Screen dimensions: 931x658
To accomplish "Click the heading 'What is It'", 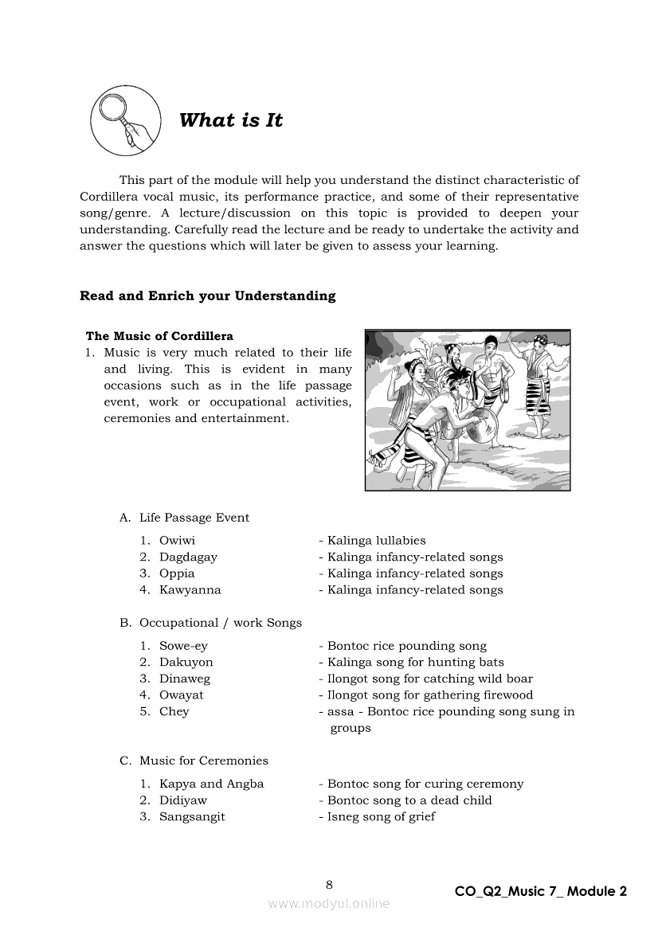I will (x=231, y=121).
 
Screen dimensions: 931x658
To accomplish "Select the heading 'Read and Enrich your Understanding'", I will (x=207, y=296).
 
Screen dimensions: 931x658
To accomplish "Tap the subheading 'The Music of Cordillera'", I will (x=159, y=336).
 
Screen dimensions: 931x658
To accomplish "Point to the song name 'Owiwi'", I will (x=177, y=541).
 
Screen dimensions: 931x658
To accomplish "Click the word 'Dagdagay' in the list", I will (x=188, y=557).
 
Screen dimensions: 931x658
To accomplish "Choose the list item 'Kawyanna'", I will (x=190, y=590).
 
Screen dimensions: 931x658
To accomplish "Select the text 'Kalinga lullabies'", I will (x=376, y=541).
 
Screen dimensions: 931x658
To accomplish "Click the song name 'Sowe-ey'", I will (x=183, y=646).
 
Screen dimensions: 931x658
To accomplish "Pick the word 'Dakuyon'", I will (x=186, y=663).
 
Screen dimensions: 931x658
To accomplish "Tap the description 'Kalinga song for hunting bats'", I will (x=415, y=663).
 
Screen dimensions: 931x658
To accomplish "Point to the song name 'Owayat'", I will (x=182, y=695).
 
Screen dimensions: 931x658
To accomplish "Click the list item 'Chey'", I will (x=174, y=712).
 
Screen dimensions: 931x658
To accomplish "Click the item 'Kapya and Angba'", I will (x=211, y=784).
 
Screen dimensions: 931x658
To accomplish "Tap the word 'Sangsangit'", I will (x=192, y=816).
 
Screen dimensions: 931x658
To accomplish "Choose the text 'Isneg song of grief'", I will (x=381, y=816).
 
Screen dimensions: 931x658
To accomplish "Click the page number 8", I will (x=329, y=884).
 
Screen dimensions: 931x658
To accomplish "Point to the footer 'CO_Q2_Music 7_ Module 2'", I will (x=541, y=891).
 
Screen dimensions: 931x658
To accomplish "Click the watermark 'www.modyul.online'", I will (x=329, y=903).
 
